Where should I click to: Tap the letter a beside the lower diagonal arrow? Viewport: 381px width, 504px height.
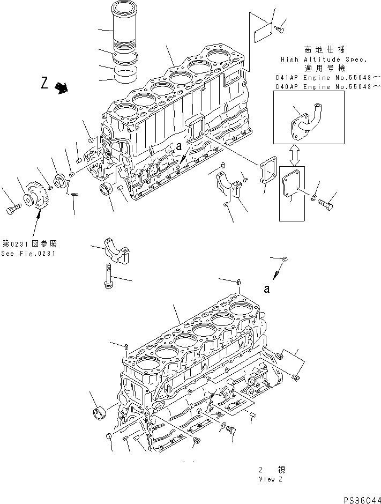point(266,289)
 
